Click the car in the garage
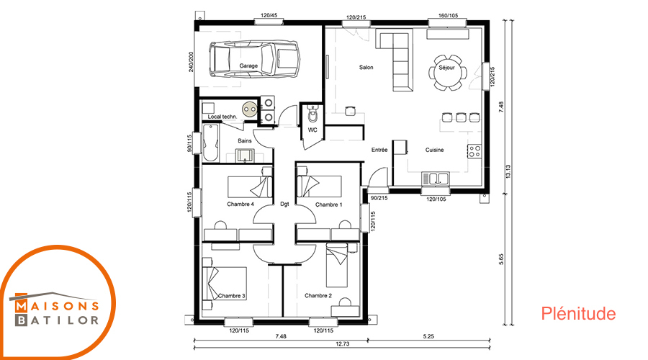click(x=254, y=59)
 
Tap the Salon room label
click(x=366, y=68)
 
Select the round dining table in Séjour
click(x=446, y=72)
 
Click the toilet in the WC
click(x=313, y=115)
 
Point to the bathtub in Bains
click(x=210, y=143)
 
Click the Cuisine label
click(x=434, y=150)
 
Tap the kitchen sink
click(x=435, y=179)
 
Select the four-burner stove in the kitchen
click(x=474, y=151)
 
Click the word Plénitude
click(x=578, y=314)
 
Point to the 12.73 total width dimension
click(x=343, y=343)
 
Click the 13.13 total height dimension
click(x=508, y=171)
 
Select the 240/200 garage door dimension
click(x=191, y=62)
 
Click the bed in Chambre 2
click(x=337, y=266)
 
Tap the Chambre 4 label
click(x=240, y=204)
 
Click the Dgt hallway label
click(x=284, y=204)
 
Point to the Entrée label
click(x=379, y=150)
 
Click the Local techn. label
click(x=222, y=117)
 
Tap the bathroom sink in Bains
click(x=245, y=155)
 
